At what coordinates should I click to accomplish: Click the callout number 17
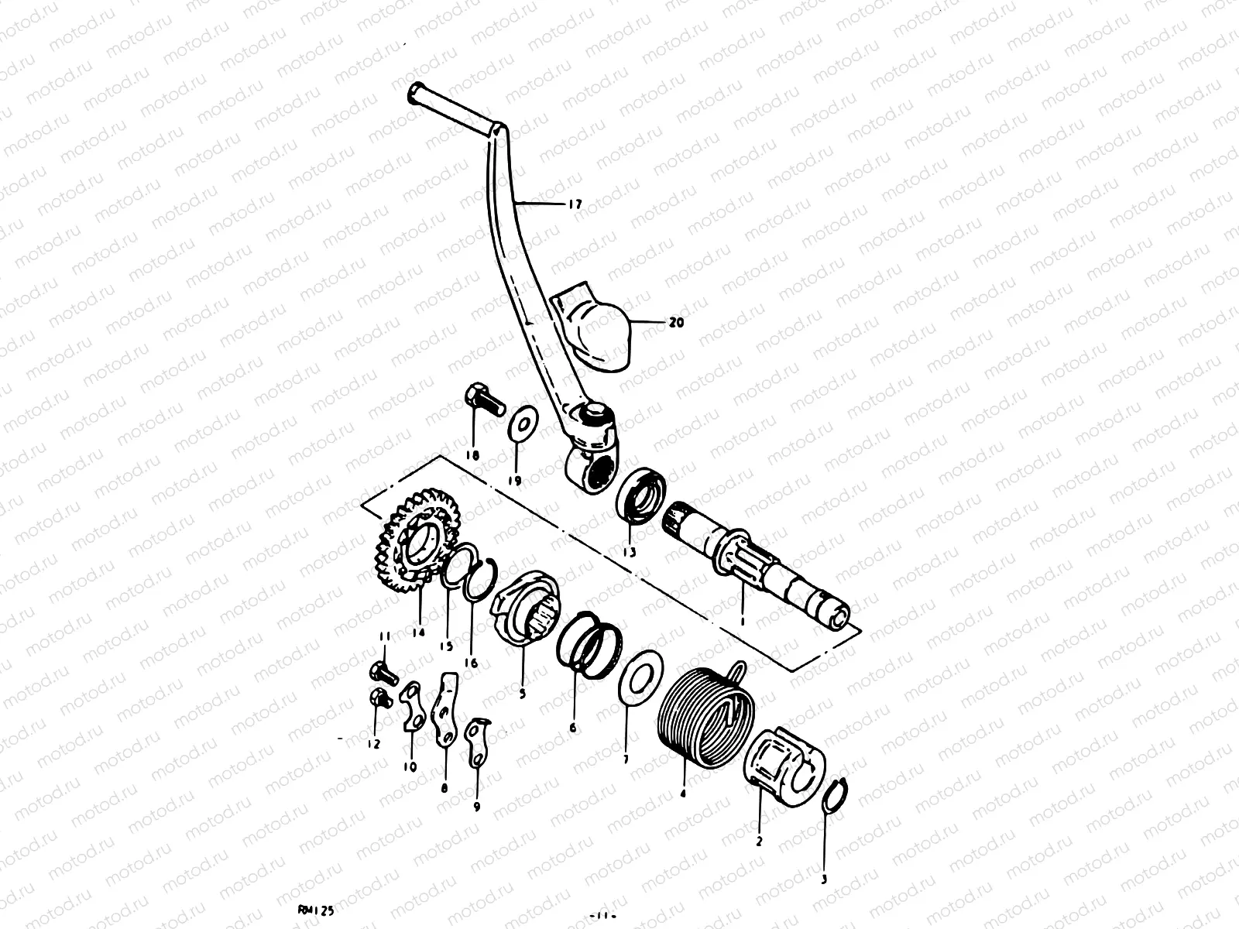point(575,205)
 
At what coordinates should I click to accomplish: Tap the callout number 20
point(676,324)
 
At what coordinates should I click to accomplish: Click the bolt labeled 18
point(479,403)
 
